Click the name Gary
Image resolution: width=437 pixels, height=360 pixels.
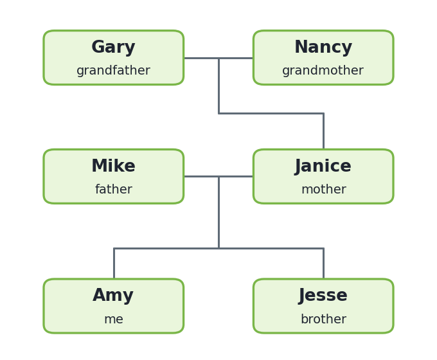click(x=114, y=47)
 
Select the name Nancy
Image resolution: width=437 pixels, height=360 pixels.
click(x=323, y=47)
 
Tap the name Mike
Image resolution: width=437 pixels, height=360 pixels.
click(x=114, y=166)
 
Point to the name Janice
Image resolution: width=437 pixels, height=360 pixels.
click(x=323, y=166)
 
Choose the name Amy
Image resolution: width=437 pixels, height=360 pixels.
click(x=113, y=296)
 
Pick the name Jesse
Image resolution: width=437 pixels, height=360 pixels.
click(x=323, y=296)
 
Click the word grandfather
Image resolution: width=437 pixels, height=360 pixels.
click(x=114, y=70)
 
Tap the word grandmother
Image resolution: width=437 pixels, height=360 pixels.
click(x=323, y=70)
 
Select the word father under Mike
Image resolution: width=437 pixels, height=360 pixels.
click(x=114, y=189)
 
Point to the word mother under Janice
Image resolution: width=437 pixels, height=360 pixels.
click(x=324, y=189)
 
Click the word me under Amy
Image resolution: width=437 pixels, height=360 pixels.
click(x=114, y=319)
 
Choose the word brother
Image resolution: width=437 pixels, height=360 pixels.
click(x=323, y=319)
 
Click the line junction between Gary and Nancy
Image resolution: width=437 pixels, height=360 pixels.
click(x=219, y=58)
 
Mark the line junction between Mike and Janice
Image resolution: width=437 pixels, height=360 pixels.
click(x=219, y=176)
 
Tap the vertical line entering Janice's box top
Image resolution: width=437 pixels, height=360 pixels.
click(x=323, y=131)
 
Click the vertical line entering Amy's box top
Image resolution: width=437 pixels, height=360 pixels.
click(x=114, y=263)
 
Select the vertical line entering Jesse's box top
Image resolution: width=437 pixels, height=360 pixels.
click(x=323, y=263)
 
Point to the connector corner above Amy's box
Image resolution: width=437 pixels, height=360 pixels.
click(x=114, y=248)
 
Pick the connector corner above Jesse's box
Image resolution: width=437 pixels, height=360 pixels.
click(x=323, y=248)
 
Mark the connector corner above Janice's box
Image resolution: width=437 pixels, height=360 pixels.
click(x=323, y=114)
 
